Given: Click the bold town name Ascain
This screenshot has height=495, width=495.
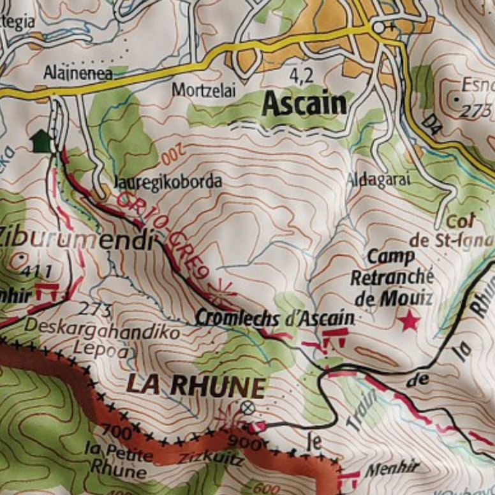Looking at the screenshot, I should pos(305,103).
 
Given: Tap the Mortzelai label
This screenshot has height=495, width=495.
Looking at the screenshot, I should pos(203,91).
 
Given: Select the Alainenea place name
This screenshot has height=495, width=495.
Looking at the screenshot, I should pos(78,73).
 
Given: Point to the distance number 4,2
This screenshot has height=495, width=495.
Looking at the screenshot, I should pos(302,76).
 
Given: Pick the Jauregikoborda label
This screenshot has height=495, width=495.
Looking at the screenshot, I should pos(168,182).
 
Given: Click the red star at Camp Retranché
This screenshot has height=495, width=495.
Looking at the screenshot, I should pos(409,321).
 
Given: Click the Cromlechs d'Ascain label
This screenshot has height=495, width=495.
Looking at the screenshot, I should pos(274,317).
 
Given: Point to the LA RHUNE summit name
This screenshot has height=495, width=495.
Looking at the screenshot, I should pos(195,386).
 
